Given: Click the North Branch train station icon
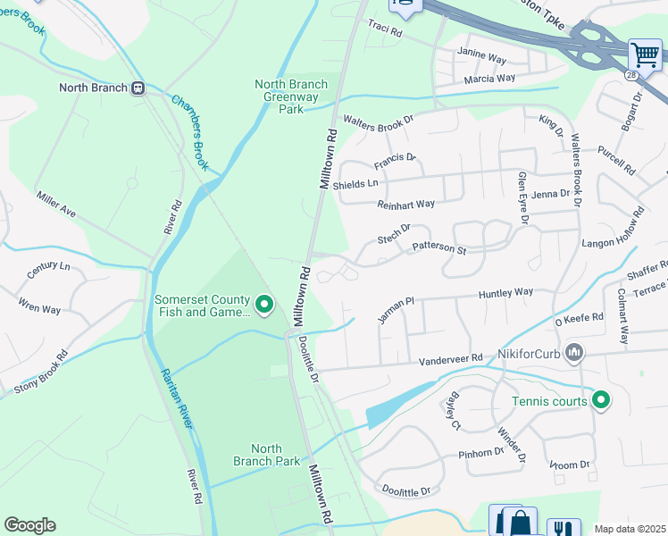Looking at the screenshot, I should [x=138, y=88].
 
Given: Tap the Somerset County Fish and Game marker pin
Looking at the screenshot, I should [x=263, y=306].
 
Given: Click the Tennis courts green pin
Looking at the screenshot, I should [x=601, y=401].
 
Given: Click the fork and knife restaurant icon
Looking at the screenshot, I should [x=563, y=527].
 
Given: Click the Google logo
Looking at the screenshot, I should [x=29, y=525].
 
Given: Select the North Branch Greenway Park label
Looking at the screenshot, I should [x=291, y=96].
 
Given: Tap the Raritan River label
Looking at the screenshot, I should [x=175, y=397].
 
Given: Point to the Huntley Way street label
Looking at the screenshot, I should [x=505, y=292].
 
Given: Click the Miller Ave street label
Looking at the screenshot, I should [x=56, y=205].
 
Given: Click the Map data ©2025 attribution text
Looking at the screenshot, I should [x=630, y=529].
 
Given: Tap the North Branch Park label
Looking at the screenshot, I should [x=266, y=455].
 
